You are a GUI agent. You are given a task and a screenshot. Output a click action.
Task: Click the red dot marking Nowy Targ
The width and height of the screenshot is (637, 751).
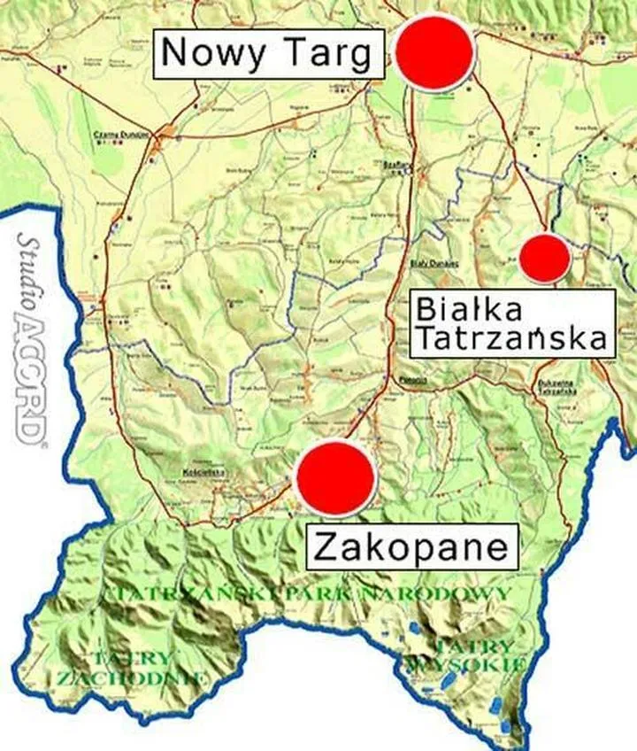pos(434,51)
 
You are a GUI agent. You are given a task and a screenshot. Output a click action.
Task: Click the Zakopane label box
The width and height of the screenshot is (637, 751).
pos(411,546)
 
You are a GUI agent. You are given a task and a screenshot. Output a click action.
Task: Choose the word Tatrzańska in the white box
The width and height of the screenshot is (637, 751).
pos(511,337)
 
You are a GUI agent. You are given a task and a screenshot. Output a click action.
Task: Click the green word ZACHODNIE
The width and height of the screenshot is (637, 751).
pos(133,678)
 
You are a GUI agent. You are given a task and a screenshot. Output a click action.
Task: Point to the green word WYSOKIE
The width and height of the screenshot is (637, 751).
pos(478,663)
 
